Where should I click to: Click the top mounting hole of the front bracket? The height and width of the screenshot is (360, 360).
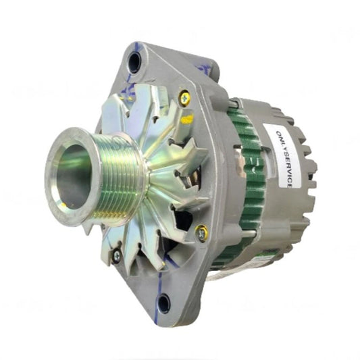134,63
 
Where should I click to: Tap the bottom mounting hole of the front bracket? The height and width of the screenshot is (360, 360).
163,303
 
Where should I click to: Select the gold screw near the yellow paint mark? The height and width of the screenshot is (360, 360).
184,99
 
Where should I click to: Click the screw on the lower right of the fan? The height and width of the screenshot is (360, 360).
201,234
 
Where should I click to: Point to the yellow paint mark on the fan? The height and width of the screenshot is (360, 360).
187,119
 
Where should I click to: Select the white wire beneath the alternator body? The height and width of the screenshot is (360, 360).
223,274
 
